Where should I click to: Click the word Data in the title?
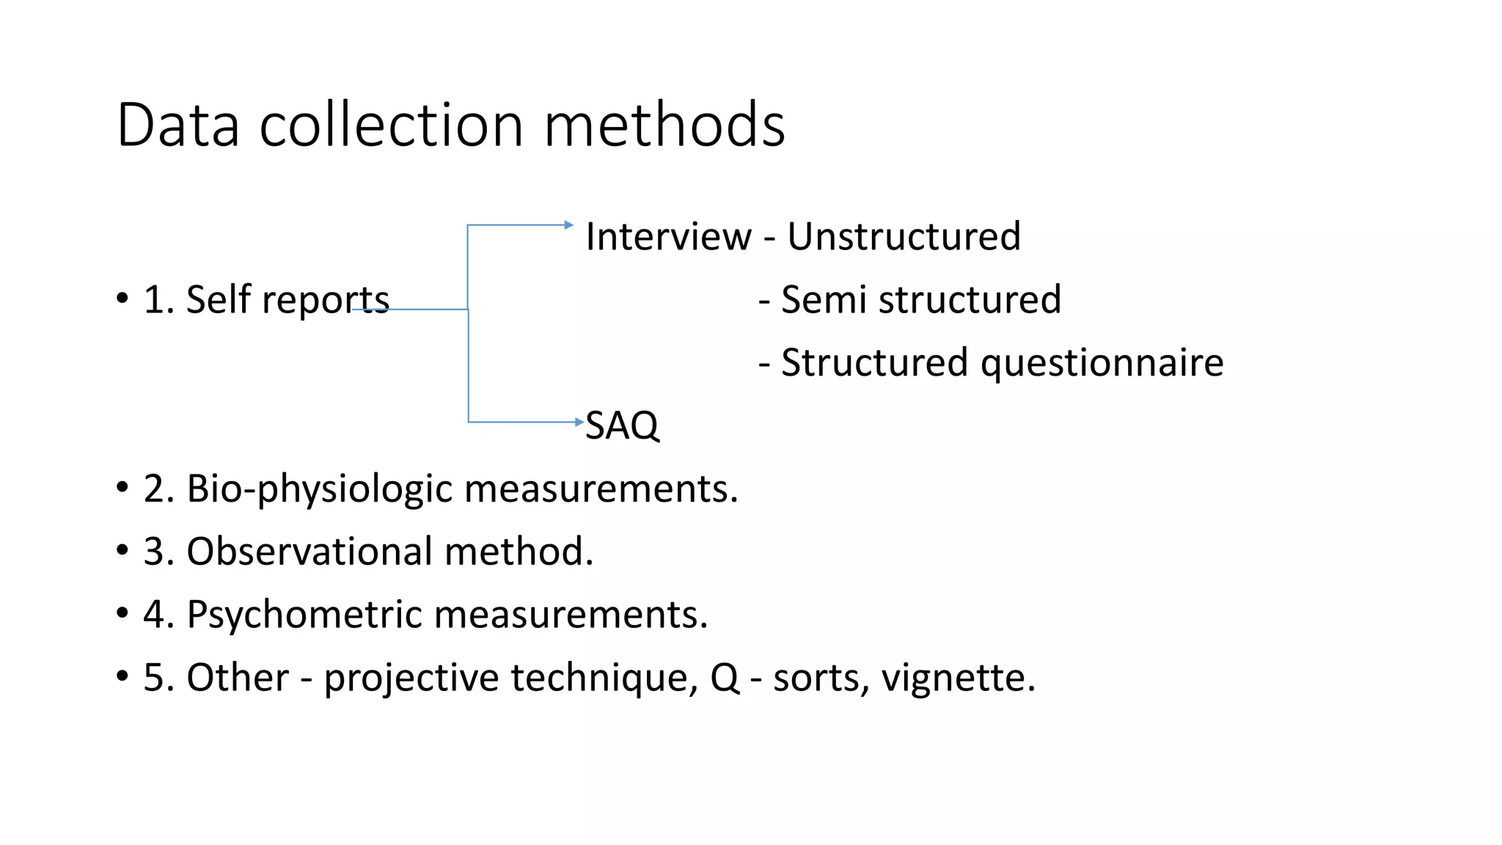pos(178,125)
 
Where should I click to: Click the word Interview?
pos(668,236)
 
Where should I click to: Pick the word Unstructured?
pos(904,236)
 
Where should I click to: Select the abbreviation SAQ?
pos(622,425)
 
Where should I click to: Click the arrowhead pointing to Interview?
pos(569,224)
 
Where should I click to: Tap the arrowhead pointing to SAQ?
pos(579,422)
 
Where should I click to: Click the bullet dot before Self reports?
pos(122,299)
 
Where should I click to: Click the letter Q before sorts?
pos(725,678)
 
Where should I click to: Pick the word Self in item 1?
pos(213,299)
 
